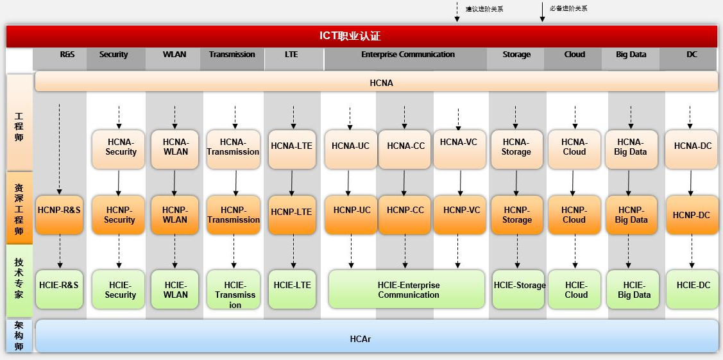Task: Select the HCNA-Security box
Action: pos(121,148)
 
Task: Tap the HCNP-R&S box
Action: pos(59,210)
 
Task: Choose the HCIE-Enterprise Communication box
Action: pos(408,289)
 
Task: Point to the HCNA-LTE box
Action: pos(291,146)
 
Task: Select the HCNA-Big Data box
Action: pos(631,148)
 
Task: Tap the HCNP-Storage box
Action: pos(516,214)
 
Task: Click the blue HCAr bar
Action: pos(377,337)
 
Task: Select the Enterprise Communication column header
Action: pos(407,55)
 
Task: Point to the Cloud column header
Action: pos(574,55)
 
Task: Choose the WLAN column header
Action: pos(174,55)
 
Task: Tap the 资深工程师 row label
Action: pos(19,208)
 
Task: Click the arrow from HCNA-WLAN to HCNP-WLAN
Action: pos(174,182)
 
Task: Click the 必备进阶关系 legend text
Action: pos(568,9)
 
